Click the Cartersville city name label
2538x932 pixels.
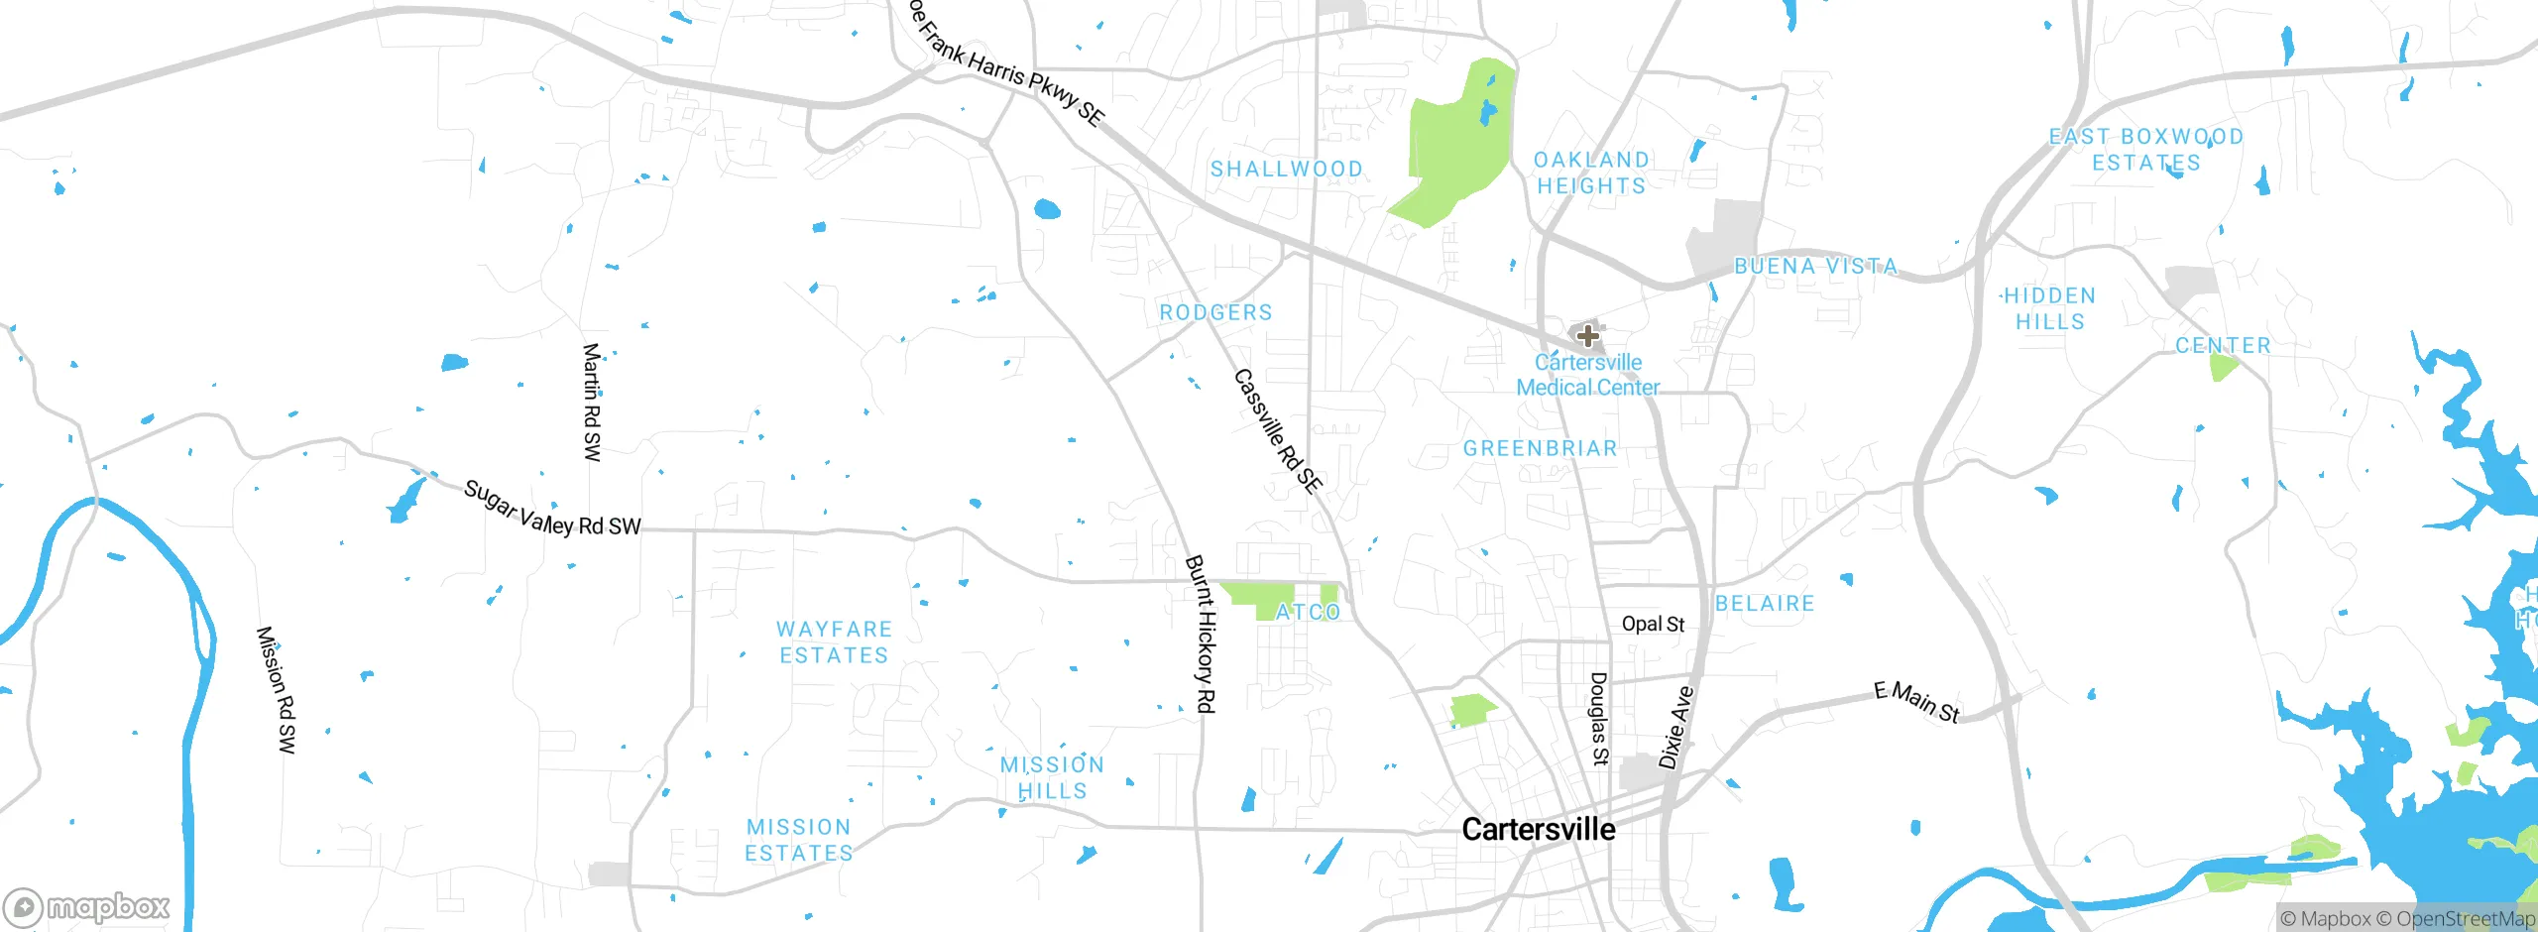[x=1538, y=829]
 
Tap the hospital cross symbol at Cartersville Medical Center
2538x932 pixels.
[x=1587, y=335]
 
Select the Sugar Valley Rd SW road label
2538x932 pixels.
[x=552, y=510]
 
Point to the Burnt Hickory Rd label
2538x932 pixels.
[x=1201, y=634]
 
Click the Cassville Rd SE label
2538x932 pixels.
[x=1277, y=431]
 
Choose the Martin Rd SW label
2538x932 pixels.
[x=592, y=402]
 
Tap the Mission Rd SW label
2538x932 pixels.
[x=276, y=689]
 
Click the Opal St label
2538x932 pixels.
[x=1653, y=624]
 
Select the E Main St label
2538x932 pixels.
[x=1916, y=702]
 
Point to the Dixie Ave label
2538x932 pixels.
[x=1676, y=727]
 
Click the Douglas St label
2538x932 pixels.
[x=1598, y=719]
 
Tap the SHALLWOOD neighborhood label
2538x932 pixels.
[x=1286, y=170]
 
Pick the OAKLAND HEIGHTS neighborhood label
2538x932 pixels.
[x=1591, y=173]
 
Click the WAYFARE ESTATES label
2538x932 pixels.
[x=834, y=642]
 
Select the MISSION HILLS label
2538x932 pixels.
[x=1052, y=777]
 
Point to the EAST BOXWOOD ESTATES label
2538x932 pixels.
[x=2146, y=150]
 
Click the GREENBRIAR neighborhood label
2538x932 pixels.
[x=1540, y=448]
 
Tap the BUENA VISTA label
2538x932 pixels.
[x=1815, y=266]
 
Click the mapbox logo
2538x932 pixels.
[x=87, y=906]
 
